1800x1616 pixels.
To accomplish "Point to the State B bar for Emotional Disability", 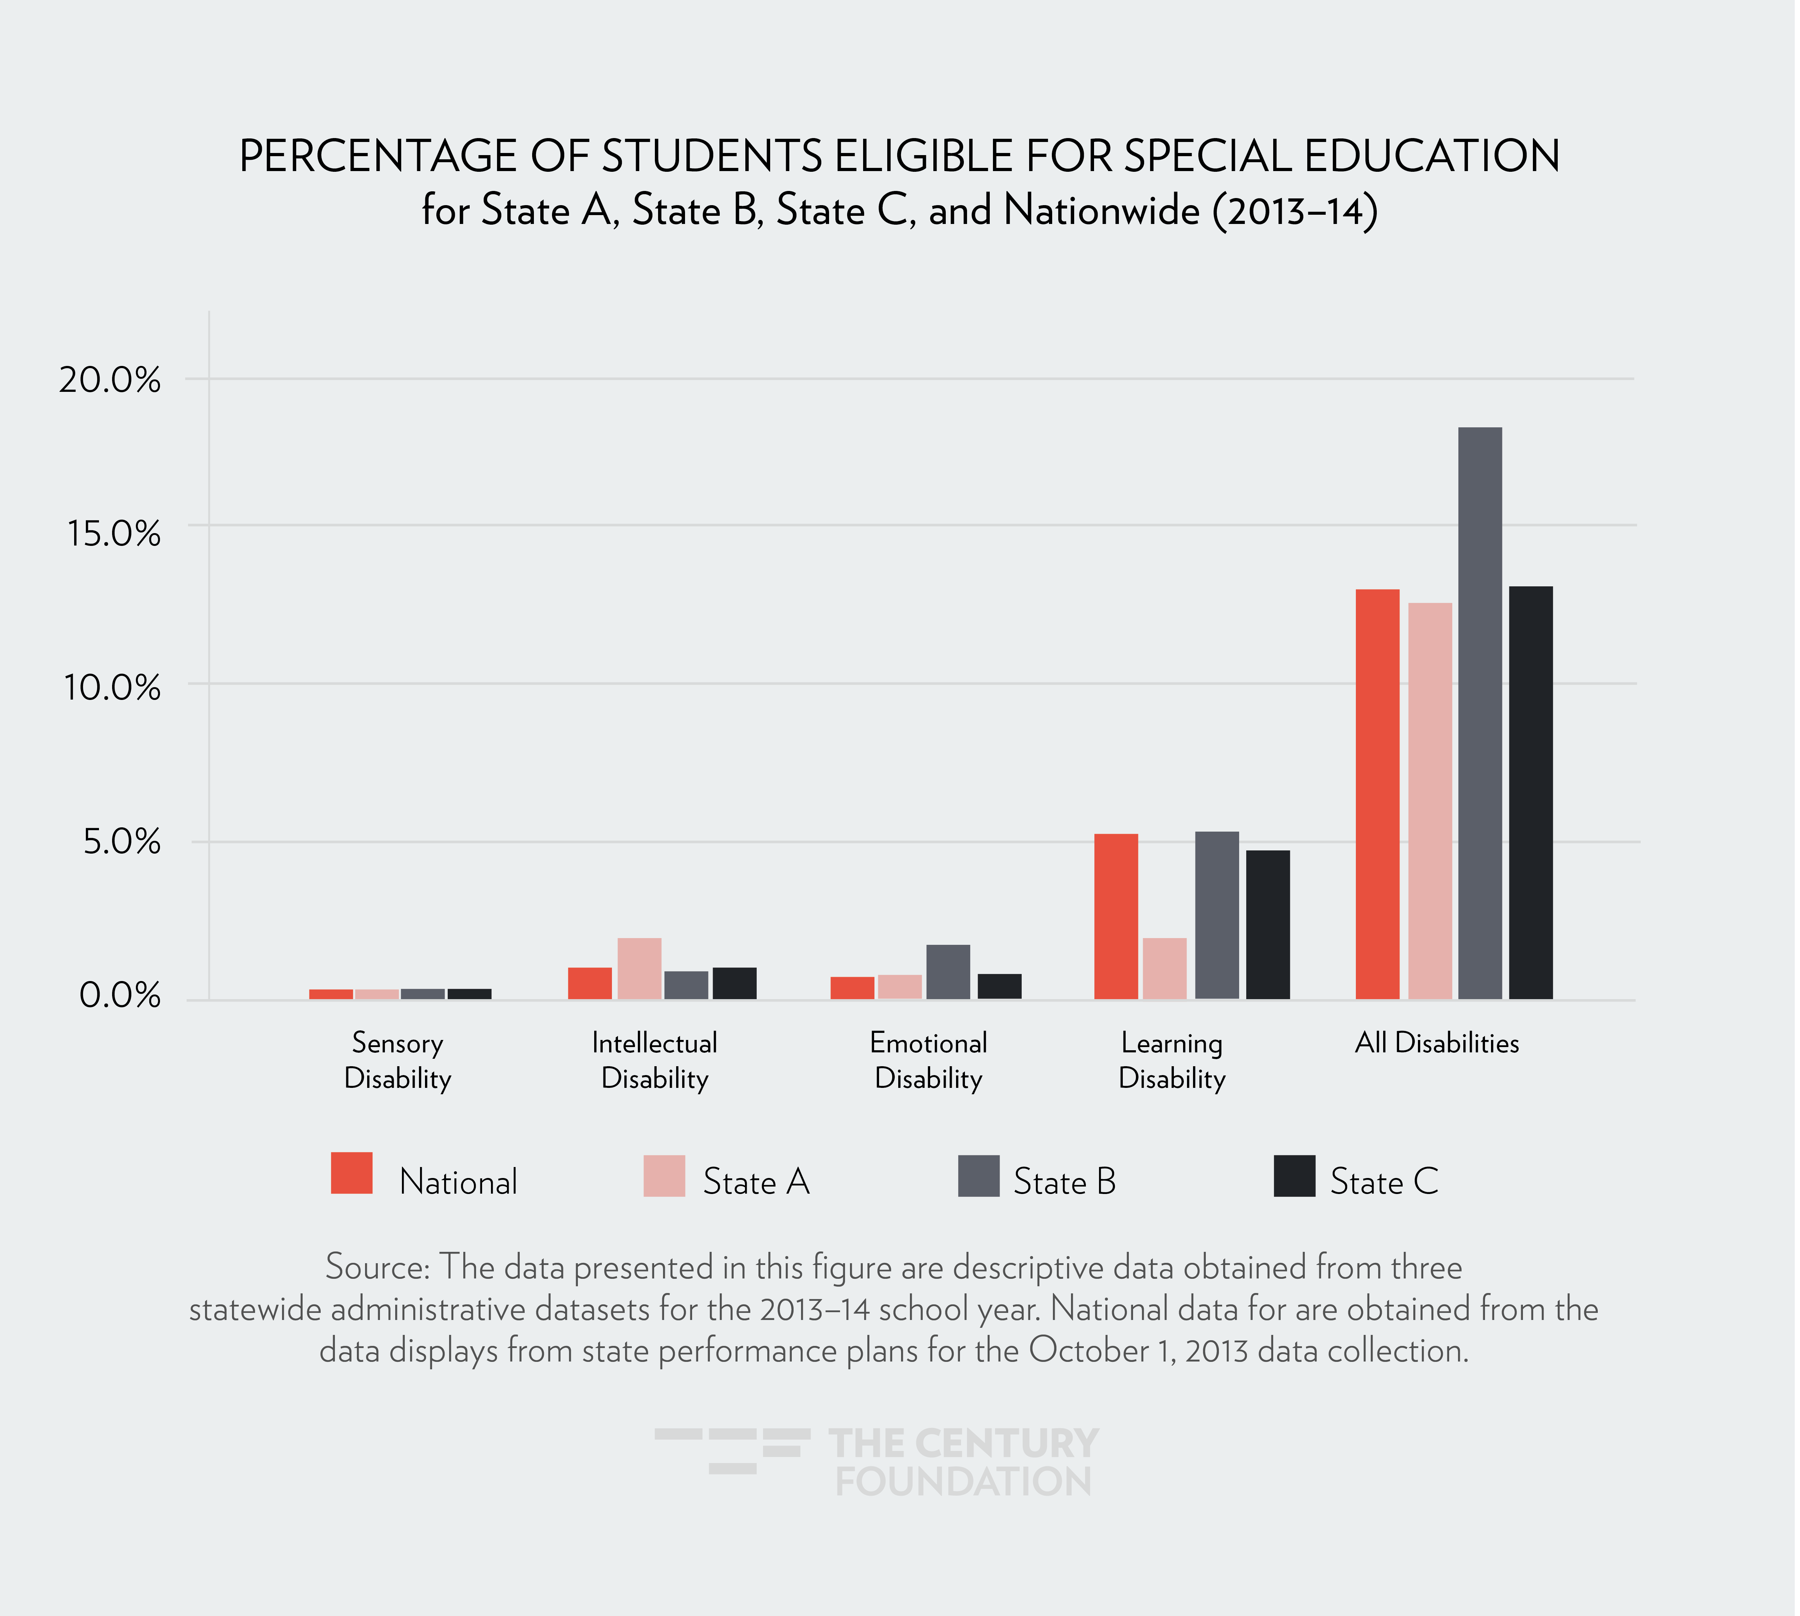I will click(x=948, y=972).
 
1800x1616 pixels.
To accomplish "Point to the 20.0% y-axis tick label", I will click(x=110, y=380).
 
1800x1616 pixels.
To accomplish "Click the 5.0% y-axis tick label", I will click(x=122, y=842).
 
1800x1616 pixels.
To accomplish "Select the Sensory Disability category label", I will click(x=398, y=1060).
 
